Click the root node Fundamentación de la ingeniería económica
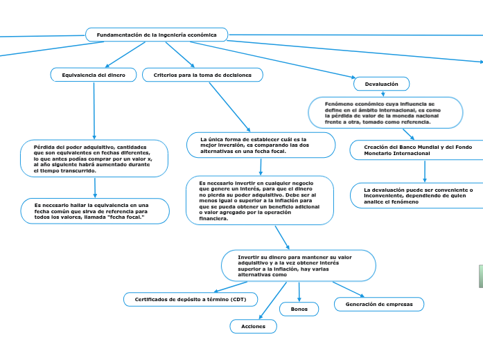pos(157,35)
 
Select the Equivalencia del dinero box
pos(94,74)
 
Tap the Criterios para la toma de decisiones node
pos(202,74)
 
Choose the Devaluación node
pos(382,84)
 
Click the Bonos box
pos(299,309)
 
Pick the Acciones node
pos(253,325)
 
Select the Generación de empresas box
pos(379,304)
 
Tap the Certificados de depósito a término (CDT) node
pos(191,299)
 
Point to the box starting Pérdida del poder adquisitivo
pos(94,159)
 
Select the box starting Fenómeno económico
pos(385,112)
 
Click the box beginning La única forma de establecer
pos(261,145)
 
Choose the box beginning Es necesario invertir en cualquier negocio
pos(260,200)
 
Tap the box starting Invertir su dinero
pos(298,266)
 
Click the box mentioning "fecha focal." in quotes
pos(94,211)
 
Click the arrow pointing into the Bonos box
pos(299,291)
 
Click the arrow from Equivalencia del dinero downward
pos(94,111)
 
